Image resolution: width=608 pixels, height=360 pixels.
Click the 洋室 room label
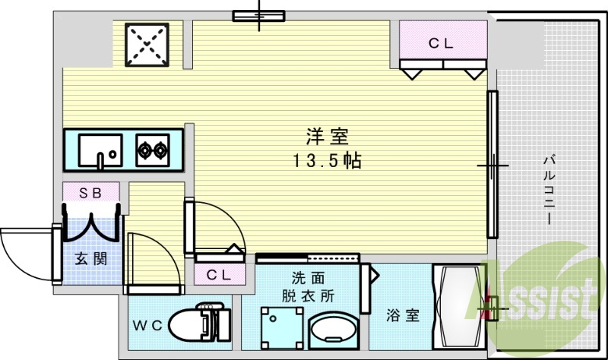pyautogui.click(x=327, y=137)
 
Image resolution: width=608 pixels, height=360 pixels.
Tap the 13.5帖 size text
pyautogui.click(x=327, y=160)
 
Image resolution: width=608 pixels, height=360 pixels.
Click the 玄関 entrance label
pyautogui.click(x=90, y=258)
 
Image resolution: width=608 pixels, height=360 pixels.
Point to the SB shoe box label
pyautogui.click(x=90, y=193)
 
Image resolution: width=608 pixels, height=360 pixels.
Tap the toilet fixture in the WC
pyautogui.click(x=196, y=324)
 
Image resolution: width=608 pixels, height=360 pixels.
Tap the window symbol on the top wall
pyautogui.click(x=258, y=15)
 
